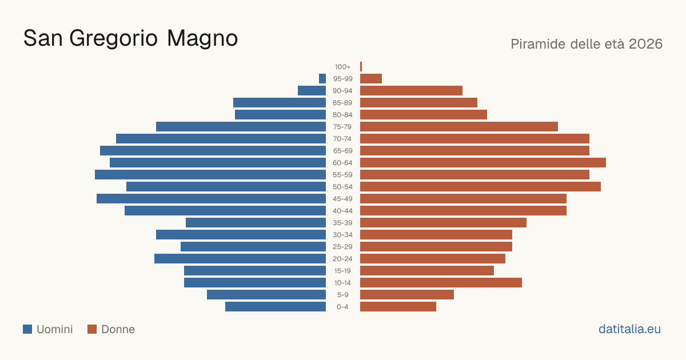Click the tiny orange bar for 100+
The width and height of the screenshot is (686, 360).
coord(361,67)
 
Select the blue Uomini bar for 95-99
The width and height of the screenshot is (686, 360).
coord(322,79)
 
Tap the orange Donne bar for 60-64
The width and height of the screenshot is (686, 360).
coord(483,162)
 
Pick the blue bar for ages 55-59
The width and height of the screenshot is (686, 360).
coord(210,175)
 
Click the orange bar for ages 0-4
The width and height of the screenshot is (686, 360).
coord(398,307)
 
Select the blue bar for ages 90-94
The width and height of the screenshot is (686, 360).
coord(312,91)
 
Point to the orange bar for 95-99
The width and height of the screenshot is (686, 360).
coord(371,79)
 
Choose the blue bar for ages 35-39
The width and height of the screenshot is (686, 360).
coord(256,222)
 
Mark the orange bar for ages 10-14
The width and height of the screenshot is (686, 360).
coord(441,282)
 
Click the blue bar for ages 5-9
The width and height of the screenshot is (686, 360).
coord(266,295)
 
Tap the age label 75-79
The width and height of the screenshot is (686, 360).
coord(342,127)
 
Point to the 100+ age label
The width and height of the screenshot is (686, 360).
coord(342,67)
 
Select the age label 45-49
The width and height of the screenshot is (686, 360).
coord(342,199)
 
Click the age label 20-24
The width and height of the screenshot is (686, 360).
coord(342,259)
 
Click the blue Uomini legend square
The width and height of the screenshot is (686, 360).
coord(27,329)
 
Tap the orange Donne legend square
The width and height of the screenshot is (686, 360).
coord(92,329)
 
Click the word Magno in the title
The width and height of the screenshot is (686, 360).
coord(202,39)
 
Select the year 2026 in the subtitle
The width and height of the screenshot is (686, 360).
coord(645,44)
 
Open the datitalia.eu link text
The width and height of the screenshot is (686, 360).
coord(629,329)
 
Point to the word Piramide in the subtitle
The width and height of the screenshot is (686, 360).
coord(538,44)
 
